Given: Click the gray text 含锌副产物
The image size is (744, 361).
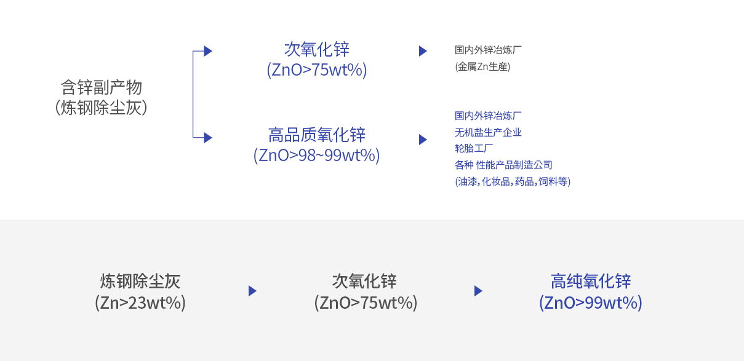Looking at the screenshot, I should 101,87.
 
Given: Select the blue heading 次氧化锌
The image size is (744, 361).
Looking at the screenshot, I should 316,49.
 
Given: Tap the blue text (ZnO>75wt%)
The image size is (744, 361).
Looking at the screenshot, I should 316,70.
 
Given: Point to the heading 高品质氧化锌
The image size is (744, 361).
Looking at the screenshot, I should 316,134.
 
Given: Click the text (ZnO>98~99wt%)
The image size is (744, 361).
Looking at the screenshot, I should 316,155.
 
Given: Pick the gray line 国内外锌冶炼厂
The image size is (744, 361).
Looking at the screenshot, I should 488,50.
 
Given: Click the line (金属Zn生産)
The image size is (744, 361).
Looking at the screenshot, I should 482,66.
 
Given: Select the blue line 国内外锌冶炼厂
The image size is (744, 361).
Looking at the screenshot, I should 488,116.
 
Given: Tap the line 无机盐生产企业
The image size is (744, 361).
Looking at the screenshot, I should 488,132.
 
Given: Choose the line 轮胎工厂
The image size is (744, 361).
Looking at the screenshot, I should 474,148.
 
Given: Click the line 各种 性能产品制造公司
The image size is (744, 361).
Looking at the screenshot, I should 503,165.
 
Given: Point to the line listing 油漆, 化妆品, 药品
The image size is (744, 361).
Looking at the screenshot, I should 513,181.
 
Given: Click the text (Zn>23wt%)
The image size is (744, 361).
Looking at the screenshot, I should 140,303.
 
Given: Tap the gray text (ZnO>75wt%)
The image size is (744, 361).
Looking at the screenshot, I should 366,303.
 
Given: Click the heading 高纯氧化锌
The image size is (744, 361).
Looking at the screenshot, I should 591,281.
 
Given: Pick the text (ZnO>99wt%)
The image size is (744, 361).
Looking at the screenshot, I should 591,303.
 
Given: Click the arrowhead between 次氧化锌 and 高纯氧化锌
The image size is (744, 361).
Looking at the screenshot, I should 478,291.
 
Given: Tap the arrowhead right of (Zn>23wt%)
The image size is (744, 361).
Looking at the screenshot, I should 252,291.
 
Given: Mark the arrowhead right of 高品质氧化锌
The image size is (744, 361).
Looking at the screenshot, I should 423,140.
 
